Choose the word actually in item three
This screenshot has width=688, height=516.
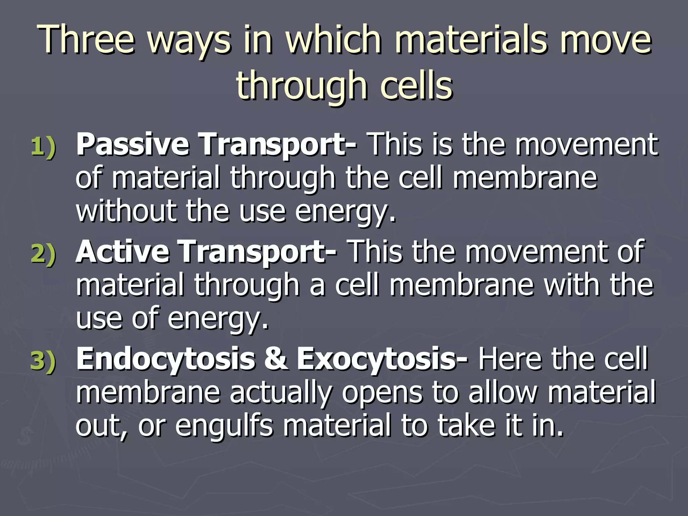coord(281,392)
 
